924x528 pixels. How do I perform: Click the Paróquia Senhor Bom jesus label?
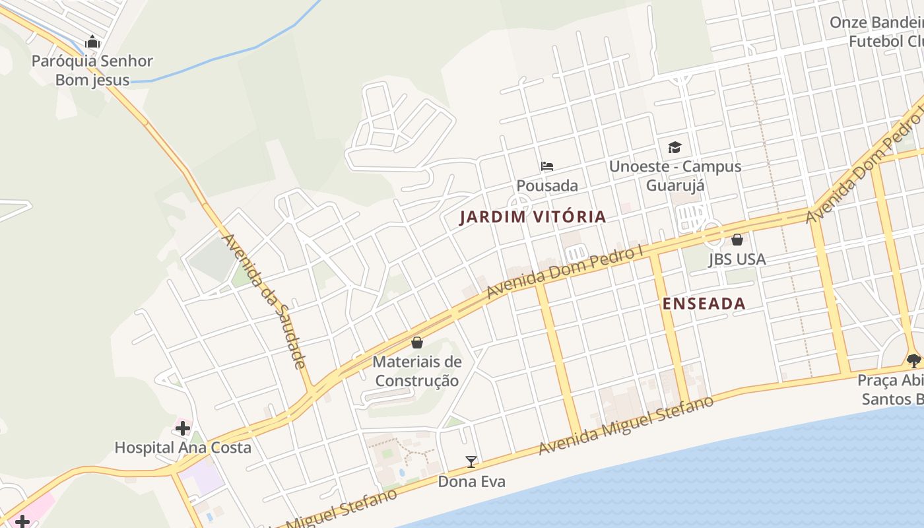(92, 71)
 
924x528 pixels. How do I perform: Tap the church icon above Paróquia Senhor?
(92, 43)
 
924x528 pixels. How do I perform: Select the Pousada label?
(547, 185)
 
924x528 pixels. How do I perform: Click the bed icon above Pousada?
(547, 166)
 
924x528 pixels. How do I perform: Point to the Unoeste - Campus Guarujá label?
(675, 176)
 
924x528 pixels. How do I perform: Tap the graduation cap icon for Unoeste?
(675, 147)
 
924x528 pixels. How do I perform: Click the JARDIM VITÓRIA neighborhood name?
(533, 216)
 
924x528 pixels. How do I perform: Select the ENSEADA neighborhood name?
(704, 304)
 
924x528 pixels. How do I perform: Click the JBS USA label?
(737, 259)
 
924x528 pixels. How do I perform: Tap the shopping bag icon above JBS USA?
(737, 240)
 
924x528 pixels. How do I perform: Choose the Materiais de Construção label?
(417, 371)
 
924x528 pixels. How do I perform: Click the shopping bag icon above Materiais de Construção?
(417, 343)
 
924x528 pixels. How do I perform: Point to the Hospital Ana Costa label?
(183, 447)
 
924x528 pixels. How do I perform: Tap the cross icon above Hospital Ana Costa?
(183, 428)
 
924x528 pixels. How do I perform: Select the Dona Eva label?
(472, 482)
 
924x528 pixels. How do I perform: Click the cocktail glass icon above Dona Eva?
(471, 462)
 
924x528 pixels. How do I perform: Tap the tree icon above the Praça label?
(914, 360)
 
